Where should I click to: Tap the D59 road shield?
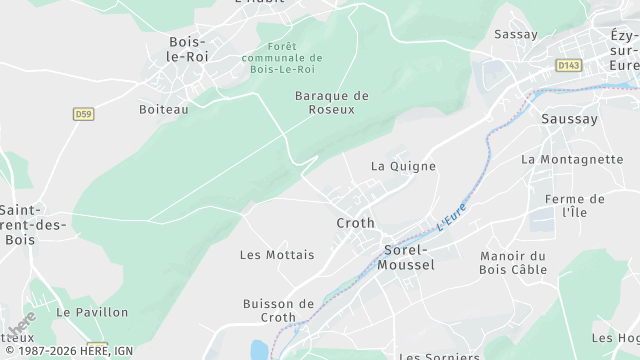tap(83, 114)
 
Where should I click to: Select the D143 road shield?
tap(569, 65)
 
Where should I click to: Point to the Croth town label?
tap(355, 223)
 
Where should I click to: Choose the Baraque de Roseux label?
tap(332, 102)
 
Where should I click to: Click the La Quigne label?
tap(403, 166)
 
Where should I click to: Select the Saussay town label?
tap(568, 119)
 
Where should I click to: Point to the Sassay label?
tap(516, 34)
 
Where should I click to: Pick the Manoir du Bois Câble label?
tap(513, 262)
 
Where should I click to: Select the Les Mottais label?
tap(277, 255)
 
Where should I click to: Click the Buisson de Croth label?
tap(278, 310)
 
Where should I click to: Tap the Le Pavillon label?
tap(92, 312)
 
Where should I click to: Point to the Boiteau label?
tap(163, 109)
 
